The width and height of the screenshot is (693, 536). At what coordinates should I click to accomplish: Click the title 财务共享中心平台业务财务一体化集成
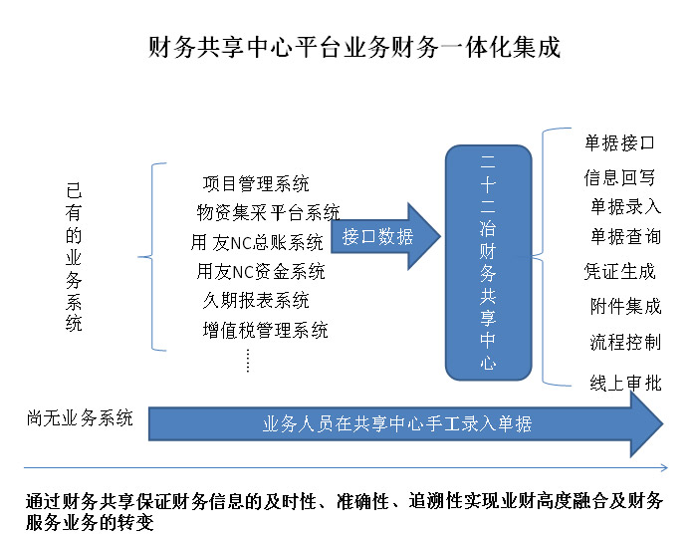tap(353, 48)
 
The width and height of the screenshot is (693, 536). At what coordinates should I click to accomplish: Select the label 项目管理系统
tap(256, 184)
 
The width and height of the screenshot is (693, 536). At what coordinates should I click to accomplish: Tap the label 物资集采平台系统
tap(269, 212)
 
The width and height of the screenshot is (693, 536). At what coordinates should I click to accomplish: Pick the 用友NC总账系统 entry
tap(258, 242)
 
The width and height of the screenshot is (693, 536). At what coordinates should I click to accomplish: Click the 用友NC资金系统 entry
tap(261, 271)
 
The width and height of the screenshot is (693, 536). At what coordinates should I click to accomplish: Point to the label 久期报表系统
tap(256, 300)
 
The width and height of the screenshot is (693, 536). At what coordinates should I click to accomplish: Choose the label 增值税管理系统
tap(265, 330)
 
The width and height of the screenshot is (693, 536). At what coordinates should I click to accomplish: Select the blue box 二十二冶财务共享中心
tap(488, 262)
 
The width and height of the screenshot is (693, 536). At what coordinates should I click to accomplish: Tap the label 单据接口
tap(619, 142)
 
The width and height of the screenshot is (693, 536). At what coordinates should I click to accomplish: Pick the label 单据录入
tap(625, 207)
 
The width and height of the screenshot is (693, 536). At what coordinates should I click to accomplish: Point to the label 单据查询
tap(625, 237)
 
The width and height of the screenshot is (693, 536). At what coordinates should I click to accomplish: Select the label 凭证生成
tap(619, 271)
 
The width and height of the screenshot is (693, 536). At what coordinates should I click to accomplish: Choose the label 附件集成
tap(625, 306)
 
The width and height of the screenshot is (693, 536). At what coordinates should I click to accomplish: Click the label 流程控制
tap(625, 343)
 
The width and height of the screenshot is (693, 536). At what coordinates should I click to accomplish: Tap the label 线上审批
tap(625, 383)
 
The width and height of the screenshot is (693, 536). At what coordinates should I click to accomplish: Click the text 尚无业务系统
tap(80, 418)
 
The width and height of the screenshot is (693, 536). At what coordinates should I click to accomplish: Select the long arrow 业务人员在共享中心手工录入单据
tap(398, 424)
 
